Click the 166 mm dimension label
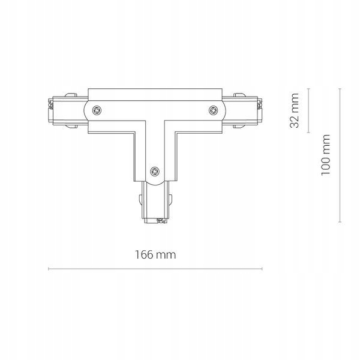pos(155,255)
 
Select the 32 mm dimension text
pos(295,110)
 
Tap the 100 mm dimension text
pos(325,155)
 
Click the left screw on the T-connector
pos(97,110)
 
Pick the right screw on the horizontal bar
pos(214,110)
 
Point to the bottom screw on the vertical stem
pos(155,171)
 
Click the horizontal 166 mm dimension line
pos(155,269)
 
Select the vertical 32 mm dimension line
pos(308,110)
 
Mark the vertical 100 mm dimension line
pos(340,155)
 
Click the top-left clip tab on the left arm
pos(71,95)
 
